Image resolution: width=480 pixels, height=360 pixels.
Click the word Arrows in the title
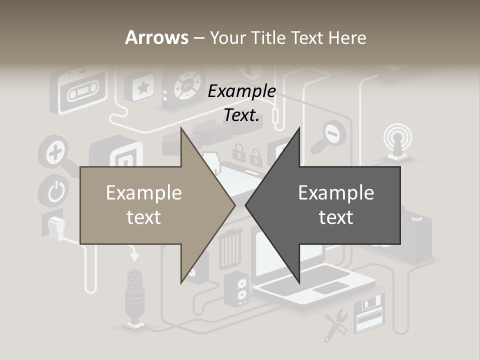[156, 37]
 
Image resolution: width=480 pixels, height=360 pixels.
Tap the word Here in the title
[346, 38]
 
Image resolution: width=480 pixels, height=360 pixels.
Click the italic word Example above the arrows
[241, 91]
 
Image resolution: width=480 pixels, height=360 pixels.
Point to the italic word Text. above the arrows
[241, 115]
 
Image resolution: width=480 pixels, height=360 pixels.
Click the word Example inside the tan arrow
[143, 193]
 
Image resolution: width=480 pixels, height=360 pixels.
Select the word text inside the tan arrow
[143, 217]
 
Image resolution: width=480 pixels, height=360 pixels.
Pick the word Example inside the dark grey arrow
[336, 193]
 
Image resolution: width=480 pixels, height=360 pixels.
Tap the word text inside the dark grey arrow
[336, 217]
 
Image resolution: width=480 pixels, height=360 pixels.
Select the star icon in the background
[142, 88]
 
